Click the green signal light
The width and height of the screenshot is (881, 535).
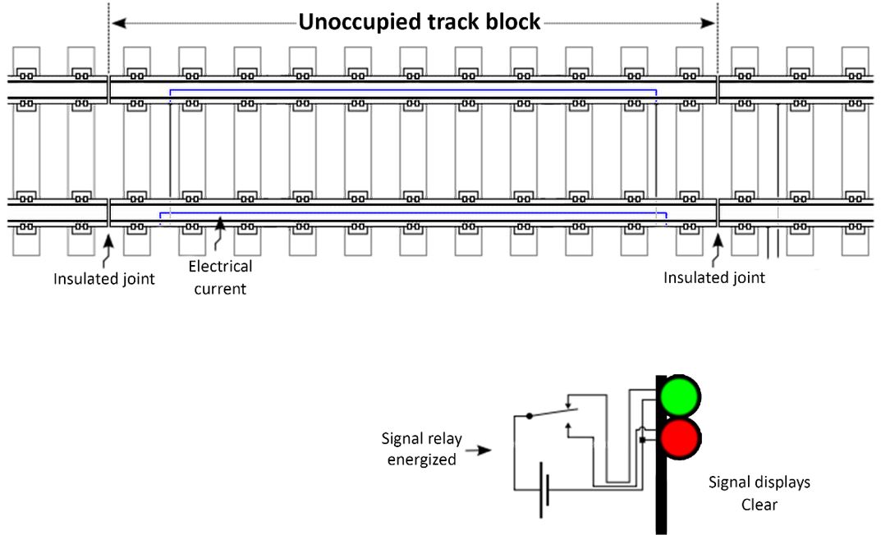(x=681, y=396)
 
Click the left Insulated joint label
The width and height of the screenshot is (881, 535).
(x=104, y=278)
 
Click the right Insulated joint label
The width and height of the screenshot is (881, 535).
(x=714, y=277)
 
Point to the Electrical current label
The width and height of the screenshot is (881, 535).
(x=220, y=277)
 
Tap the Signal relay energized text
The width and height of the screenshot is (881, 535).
(x=422, y=449)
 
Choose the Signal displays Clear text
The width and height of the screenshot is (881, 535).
(x=759, y=492)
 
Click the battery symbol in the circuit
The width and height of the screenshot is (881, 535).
(x=542, y=491)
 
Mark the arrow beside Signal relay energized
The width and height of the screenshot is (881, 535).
(x=484, y=450)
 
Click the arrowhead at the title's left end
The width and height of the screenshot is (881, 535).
(x=116, y=22)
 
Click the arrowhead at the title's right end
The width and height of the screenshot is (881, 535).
(x=711, y=22)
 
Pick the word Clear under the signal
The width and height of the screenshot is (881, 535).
(x=759, y=504)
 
